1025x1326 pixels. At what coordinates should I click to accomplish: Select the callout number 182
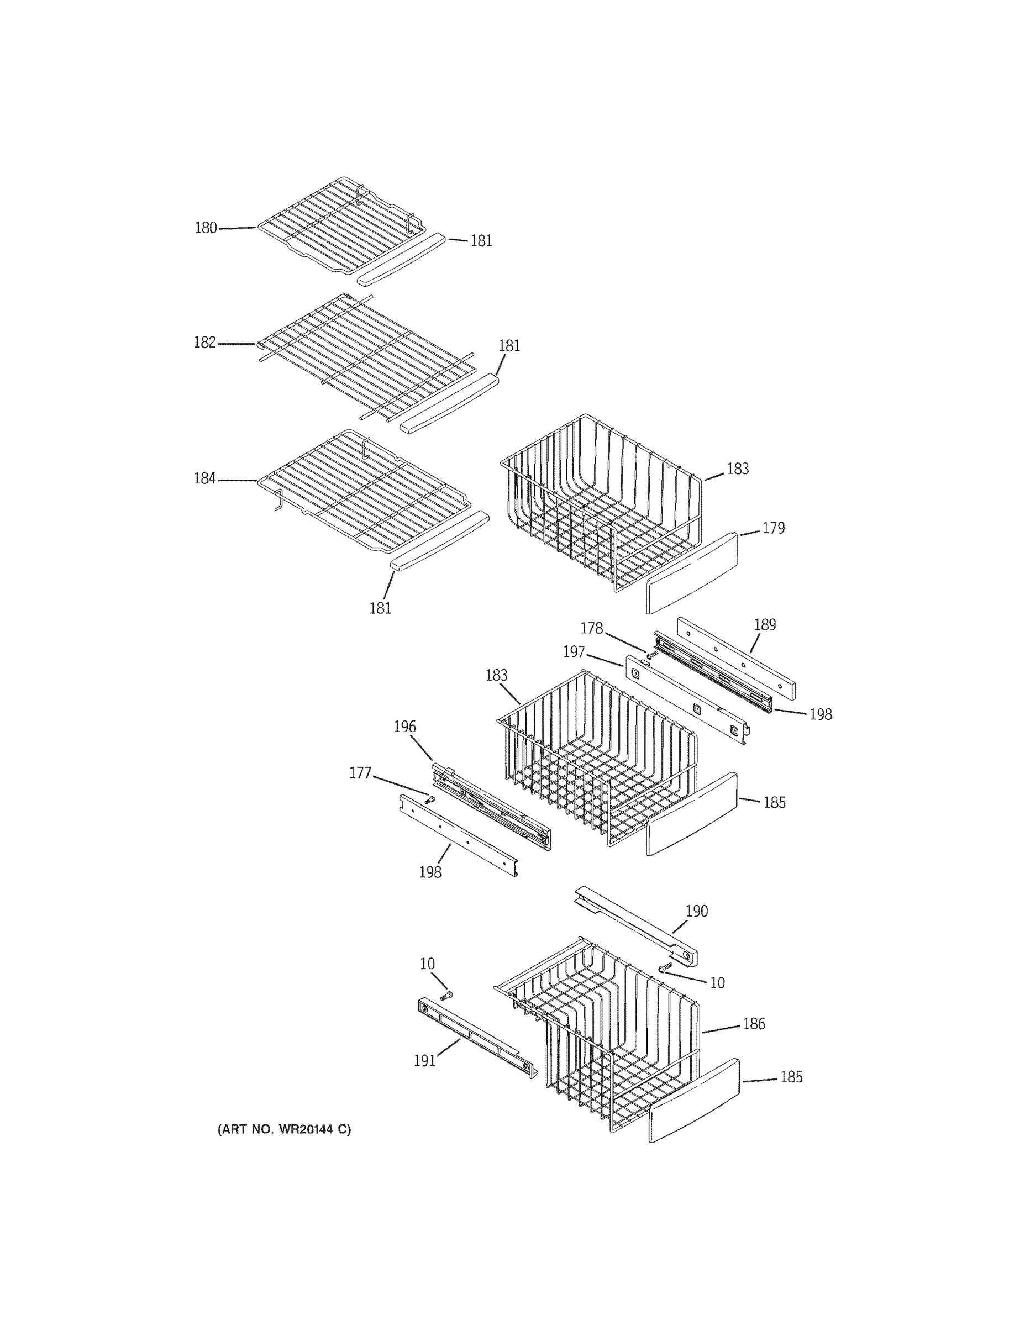click(x=204, y=343)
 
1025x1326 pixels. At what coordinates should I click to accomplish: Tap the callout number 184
click(x=204, y=479)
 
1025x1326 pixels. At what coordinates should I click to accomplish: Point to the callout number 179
click(x=773, y=528)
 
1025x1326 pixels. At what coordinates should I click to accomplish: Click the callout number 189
click(x=765, y=625)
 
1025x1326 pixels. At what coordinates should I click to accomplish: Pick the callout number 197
click(x=574, y=652)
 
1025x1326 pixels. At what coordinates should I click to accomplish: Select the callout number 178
click(x=591, y=628)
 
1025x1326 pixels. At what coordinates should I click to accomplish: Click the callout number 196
click(x=405, y=727)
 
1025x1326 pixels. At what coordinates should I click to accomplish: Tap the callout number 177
click(x=360, y=773)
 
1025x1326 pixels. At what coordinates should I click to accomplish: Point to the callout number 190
click(x=696, y=911)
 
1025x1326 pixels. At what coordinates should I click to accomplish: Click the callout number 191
click(x=424, y=1061)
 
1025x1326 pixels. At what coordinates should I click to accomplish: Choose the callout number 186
click(x=754, y=1024)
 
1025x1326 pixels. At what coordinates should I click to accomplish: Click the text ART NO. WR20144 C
click(x=284, y=1130)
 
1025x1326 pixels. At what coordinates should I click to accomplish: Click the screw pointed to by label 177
click(x=431, y=800)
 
